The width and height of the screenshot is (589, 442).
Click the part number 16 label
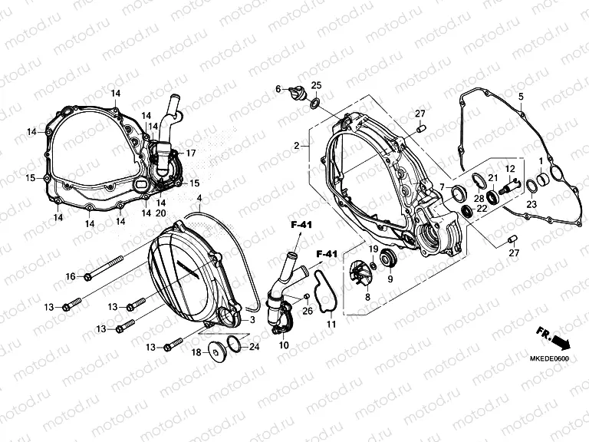pyautogui.click(x=70, y=276)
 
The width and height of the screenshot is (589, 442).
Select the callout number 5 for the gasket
pyautogui.click(x=520, y=97)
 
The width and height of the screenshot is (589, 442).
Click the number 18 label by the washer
pyautogui.click(x=196, y=352)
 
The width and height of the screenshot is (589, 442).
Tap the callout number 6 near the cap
pyautogui.click(x=279, y=90)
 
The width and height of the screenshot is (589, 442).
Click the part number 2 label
pyautogui.click(x=295, y=145)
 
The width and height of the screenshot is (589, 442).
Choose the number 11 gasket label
pyautogui.click(x=331, y=325)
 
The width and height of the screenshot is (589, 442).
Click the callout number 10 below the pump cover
pyautogui.click(x=284, y=346)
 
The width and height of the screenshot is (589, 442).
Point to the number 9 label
pyautogui.click(x=390, y=279)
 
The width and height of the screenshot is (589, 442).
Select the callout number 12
pyautogui.click(x=508, y=169)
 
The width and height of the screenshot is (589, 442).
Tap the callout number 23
pyautogui.click(x=531, y=203)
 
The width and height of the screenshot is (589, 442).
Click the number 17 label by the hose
pyautogui.click(x=191, y=153)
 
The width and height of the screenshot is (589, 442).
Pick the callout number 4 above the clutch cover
pyautogui.click(x=199, y=199)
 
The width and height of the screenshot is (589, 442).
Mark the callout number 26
pyautogui.click(x=308, y=311)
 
